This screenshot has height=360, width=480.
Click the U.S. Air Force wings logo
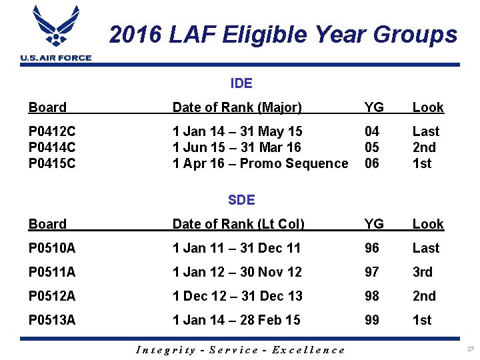(x=55, y=29)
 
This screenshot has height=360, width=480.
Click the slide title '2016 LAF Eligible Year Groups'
(x=283, y=34)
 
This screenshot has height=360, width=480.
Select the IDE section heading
(x=241, y=83)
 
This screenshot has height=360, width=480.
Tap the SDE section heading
(x=241, y=199)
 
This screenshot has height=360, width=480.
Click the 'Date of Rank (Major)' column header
(x=237, y=107)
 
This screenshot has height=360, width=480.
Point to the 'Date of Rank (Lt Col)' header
(x=238, y=224)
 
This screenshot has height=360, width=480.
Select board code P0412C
(x=52, y=131)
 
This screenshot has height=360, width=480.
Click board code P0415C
(x=52, y=163)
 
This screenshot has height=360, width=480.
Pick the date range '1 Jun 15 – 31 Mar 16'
(x=237, y=147)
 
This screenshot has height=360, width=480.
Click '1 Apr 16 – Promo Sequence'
(x=260, y=163)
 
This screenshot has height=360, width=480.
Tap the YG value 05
(x=372, y=147)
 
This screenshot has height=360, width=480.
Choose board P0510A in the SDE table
(x=52, y=248)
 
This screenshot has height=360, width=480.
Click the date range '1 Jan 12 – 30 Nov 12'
(x=237, y=272)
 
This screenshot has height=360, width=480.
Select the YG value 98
(x=372, y=296)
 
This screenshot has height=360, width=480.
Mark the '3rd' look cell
(x=422, y=272)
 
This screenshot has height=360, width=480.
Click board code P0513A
(x=52, y=320)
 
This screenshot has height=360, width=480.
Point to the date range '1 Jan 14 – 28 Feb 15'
(x=236, y=320)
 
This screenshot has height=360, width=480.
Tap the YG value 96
(x=372, y=248)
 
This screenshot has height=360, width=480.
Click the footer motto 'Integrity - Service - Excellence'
(x=241, y=350)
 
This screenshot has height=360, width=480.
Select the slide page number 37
(x=471, y=349)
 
